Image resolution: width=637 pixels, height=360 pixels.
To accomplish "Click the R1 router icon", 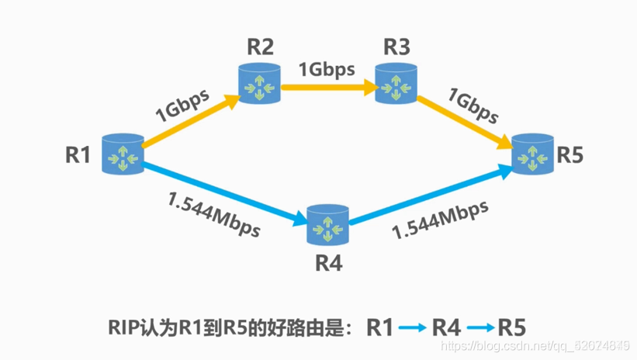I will tap(124, 153).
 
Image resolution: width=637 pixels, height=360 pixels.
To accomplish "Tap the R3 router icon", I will tap(396, 85).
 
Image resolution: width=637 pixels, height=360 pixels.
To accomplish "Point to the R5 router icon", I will tap(533, 153).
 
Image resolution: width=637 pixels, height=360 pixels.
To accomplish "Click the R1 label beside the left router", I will tap(78, 154).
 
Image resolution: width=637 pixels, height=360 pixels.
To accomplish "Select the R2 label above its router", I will tap(260, 47).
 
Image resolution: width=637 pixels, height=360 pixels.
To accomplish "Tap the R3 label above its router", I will tap(396, 47).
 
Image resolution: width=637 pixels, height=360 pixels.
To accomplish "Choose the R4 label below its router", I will tap(329, 263).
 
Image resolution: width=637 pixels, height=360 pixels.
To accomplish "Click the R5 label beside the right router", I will tap(569, 154).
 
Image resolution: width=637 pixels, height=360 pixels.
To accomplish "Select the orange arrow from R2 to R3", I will tap(328, 87).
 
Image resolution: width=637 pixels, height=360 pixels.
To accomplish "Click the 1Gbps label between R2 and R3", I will tap(327, 68).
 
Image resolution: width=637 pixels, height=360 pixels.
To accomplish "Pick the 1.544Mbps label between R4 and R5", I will tap(440, 220).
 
